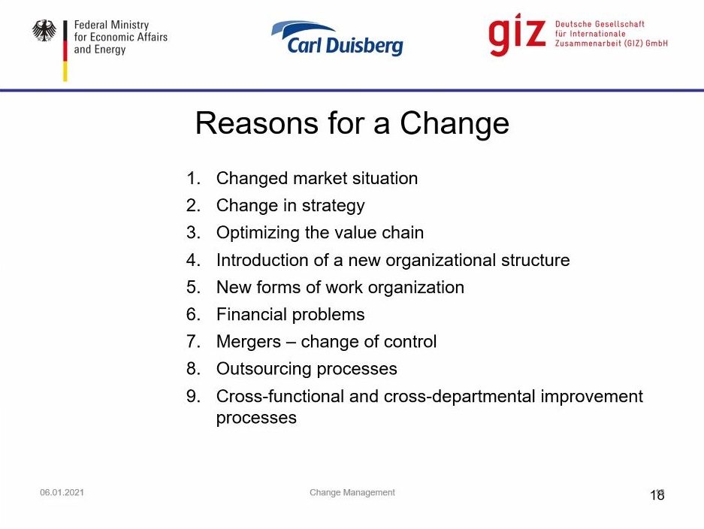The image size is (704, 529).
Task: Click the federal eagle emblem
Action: click(44, 31)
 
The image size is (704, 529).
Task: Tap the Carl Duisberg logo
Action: click(337, 38)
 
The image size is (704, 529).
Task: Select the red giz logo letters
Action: click(517, 35)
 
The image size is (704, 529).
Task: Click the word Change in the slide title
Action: click(455, 123)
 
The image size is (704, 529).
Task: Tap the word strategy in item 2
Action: click(333, 206)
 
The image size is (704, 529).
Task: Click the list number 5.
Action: click(193, 287)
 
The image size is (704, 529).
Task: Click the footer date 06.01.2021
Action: click(62, 492)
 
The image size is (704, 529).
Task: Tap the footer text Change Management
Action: click(352, 493)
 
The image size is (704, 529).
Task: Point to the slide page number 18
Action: click(657, 495)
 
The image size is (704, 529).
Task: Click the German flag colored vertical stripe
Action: click(65, 51)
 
